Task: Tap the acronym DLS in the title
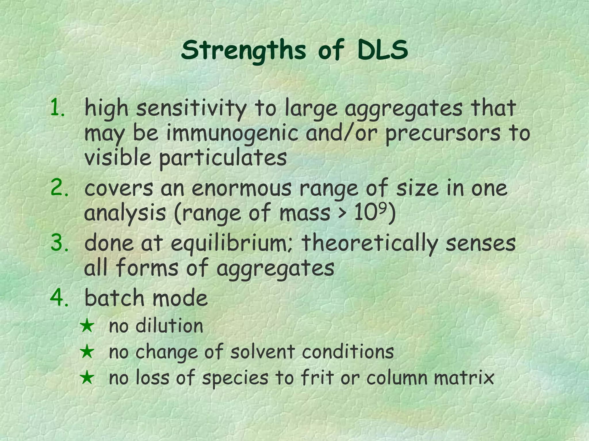(x=383, y=50)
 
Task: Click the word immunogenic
(x=232, y=134)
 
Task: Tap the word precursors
(x=443, y=134)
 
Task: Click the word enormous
(x=242, y=189)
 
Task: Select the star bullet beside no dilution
(x=87, y=327)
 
